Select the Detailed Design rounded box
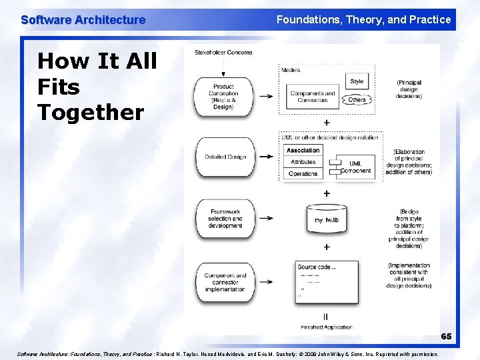click(x=225, y=157)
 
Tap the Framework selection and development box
click(x=225, y=218)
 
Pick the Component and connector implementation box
click(x=225, y=282)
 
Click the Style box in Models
click(x=357, y=81)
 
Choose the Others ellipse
click(x=357, y=100)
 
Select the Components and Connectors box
click(x=312, y=97)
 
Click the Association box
click(x=303, y=151)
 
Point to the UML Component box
click(x=355, y=167)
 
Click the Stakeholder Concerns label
click(x=223, y=52)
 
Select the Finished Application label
click(x=326, y=327)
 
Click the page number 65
click(x=445, y=337)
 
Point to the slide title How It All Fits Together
click(x=97, y=87)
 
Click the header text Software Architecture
click(x=83, y=20)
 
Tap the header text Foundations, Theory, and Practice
click(x=363, y=20)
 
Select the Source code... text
click(x=316, y=267)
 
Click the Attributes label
click(x=303, y=162)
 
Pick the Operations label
click(x=303, y=173)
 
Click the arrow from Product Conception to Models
click(x=266, y=96)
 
